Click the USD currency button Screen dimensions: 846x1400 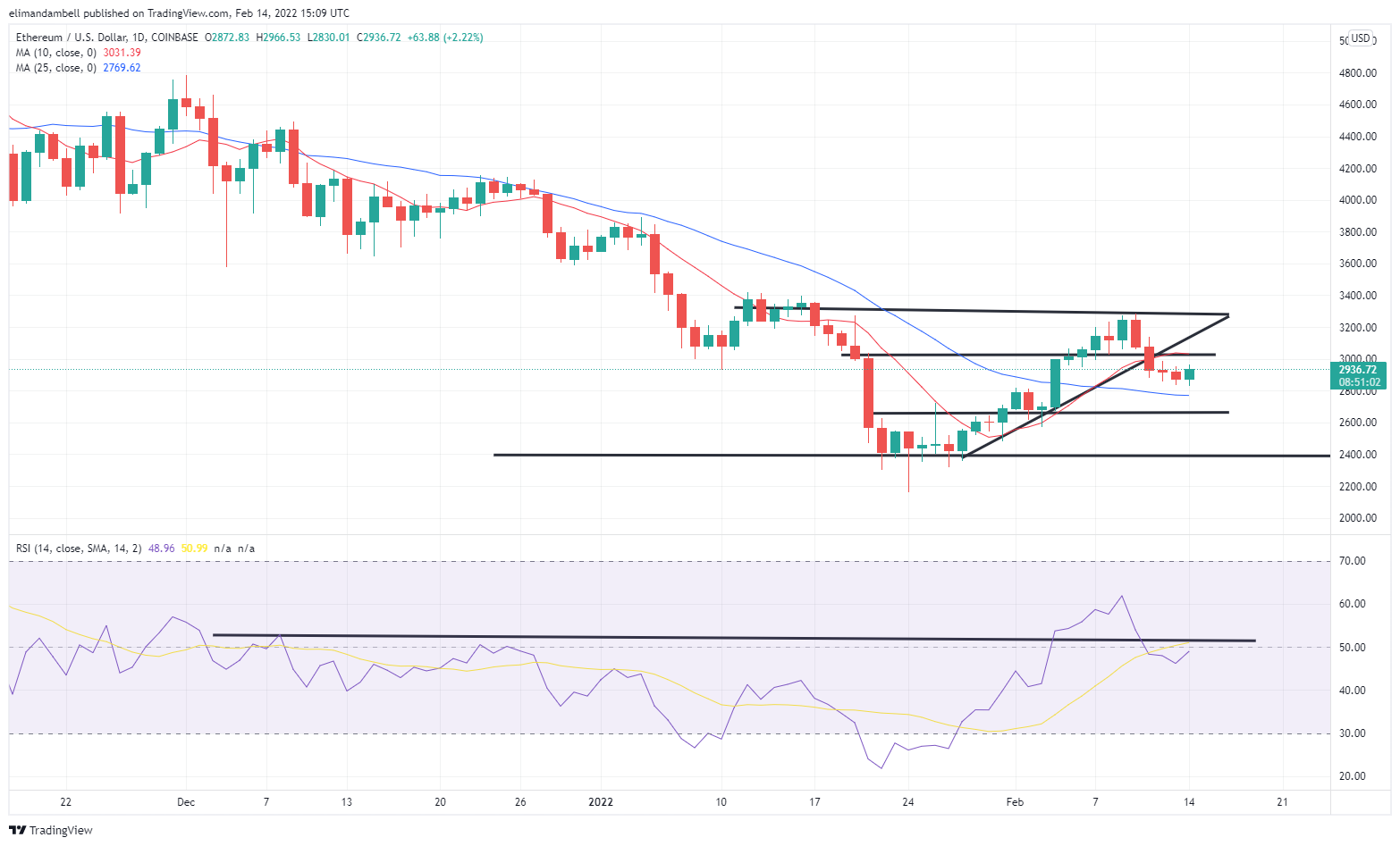pyautogui.click(x=1360, y=38)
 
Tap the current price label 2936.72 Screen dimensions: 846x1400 pyautogui.click(x=1357, y=369)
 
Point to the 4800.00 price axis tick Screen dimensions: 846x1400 pyautogui.click(x=1357, y=73)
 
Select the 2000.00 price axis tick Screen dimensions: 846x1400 pyautogui.click(x=1357, y=518)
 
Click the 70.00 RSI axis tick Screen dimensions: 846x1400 pyautogui.click(x=1353, y=561)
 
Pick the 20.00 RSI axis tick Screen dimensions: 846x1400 pyautogui.click(x=1353, y=776)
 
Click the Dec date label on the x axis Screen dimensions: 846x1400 pyautogui.click(x=186, y=802)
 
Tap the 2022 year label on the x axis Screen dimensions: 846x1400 pyautogui.click(x=601, y=802)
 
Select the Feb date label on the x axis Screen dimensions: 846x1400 pyautogui.click(x=1015, y=802)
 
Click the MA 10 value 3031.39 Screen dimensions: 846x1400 pyautogui.click(x=122, y=53)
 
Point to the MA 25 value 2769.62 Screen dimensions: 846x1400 pyautogui.click(x=122, y=68)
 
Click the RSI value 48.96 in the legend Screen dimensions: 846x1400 pyautogui.click(x=161, y=549)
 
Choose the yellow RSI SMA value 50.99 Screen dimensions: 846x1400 pyautogui.click(x=194, y=549)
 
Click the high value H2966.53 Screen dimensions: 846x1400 pyautogui.click(x=279, y=38)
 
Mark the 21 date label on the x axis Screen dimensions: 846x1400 pyautogui.click(x=1282, y=802)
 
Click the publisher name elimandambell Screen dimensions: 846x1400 pyautogui.click(x=49, y=13)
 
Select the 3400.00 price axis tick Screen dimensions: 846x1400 pyautogui.click(x=1357, y=296)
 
